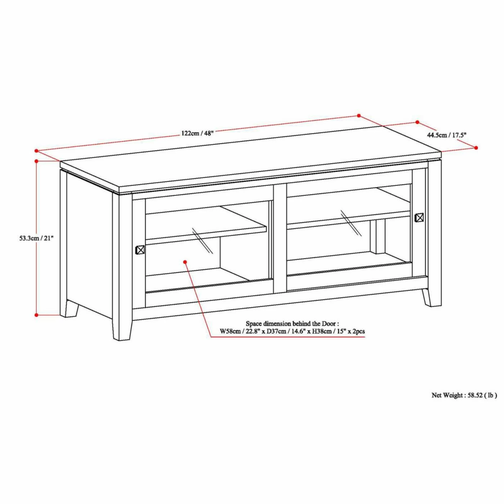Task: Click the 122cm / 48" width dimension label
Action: [198, 133]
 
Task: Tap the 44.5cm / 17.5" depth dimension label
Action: [447, 135]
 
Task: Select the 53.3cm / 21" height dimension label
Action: [36, 238]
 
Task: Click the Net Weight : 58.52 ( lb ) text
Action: [464, 402]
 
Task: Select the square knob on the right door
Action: [419, 217]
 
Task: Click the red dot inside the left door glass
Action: [185, 262]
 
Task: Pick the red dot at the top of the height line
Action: [36, 161]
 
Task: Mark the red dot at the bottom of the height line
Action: [36, 315]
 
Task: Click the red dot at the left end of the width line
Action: [36, 151]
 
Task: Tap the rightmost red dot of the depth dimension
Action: [476, 148]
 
